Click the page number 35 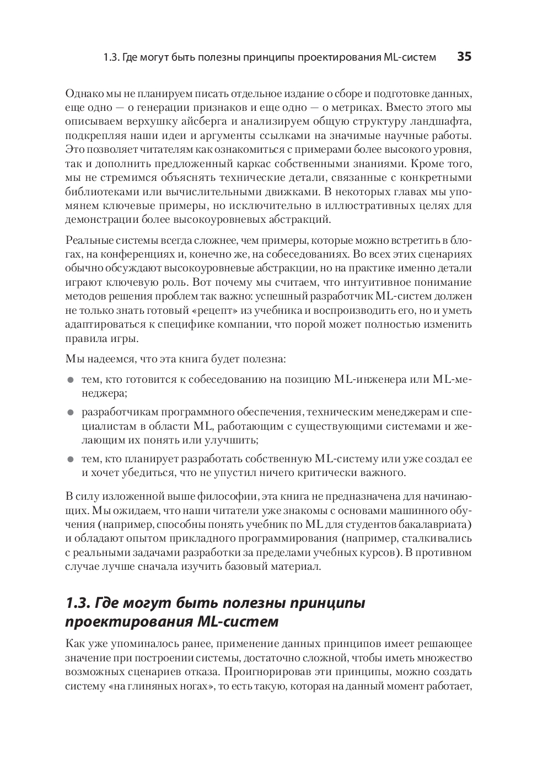coord(464,57)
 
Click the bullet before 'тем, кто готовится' coord(70,380)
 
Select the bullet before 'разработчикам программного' coord(70,413)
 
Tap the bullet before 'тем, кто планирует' coord(70,459)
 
